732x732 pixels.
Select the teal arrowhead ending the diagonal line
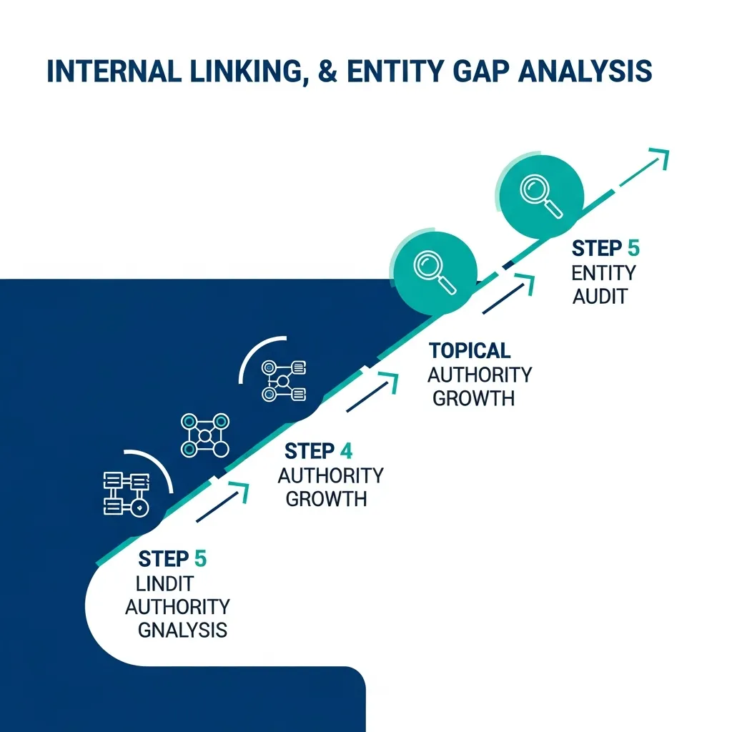[661, 157]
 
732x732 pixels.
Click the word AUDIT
[600, 297]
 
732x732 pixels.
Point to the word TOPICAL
[470, 350]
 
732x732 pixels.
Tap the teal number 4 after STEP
[346, 451]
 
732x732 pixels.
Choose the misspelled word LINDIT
[164, 583]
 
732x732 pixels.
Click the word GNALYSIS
[182, 630]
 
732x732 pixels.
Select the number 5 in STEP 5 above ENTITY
[633, 249]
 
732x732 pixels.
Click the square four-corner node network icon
[204, 435]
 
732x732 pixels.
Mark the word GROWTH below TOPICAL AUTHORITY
[473, 398]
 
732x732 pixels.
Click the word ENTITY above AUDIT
[603, 273]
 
